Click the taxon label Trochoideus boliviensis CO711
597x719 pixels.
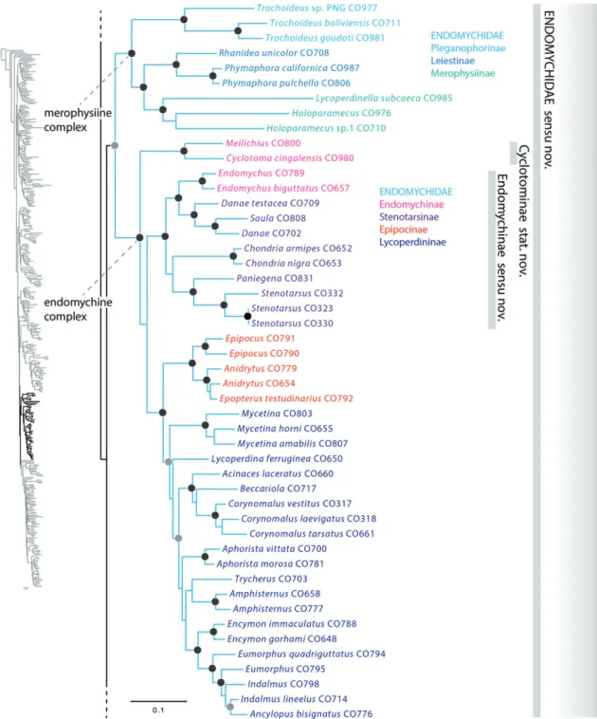click(335, 23)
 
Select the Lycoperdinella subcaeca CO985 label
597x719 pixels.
click(384, 98)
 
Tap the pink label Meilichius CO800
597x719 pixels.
click(263, 143)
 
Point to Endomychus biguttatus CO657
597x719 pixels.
click(283, 188)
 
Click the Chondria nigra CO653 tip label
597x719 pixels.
click(293, 263)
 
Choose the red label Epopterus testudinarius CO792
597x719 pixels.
click(286, 398)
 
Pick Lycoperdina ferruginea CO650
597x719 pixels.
click(277, 458)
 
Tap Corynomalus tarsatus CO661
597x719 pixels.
click(312, 534)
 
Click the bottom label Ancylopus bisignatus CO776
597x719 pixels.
click(311, 713)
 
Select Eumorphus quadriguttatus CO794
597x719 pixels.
click(312, 654)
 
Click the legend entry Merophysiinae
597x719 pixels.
click(462, 73)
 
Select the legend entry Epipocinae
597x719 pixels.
click(403, 230)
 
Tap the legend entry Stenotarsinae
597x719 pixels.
click(408, 217)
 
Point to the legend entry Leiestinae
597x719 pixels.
click(452, 61)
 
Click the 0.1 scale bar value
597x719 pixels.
click(158, 710)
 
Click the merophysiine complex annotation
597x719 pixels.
click(78, 120)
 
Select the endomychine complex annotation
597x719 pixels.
click(78, 309)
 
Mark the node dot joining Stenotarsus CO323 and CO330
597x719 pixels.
click(248, 317)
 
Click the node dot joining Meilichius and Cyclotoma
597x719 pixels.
click(184, 151)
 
